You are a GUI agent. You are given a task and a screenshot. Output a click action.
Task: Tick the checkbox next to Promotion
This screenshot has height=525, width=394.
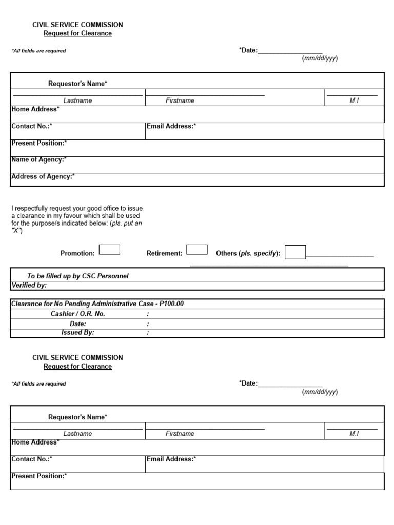point(109,250)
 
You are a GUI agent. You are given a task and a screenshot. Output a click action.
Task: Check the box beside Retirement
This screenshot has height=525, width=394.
point(197,250)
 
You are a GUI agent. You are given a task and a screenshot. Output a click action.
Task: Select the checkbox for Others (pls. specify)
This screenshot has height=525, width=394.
point(295,252)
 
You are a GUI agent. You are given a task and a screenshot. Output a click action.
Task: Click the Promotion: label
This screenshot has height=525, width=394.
point(77,253)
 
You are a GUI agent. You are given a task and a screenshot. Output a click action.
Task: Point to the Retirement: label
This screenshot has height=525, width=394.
point(165,253)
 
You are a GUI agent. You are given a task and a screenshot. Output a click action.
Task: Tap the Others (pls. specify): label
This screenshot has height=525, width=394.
point(248,253)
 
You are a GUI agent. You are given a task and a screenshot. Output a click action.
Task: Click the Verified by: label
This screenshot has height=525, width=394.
point(29,285)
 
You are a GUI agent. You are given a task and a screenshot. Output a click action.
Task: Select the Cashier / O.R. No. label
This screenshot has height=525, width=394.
point(77,314)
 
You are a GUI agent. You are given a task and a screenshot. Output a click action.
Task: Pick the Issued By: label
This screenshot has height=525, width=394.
point(77,332)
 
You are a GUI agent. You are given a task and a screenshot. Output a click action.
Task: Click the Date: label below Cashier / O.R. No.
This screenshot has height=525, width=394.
point(77,324)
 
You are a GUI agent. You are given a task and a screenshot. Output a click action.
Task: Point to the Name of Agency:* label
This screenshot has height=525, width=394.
point(39,159)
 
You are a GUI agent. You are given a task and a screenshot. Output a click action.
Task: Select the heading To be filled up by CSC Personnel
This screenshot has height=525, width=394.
point(78,276)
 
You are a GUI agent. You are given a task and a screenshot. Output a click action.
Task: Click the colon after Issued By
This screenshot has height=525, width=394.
point(148,332)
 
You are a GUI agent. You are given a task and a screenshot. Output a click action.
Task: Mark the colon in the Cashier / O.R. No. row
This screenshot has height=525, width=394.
point(148,314)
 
